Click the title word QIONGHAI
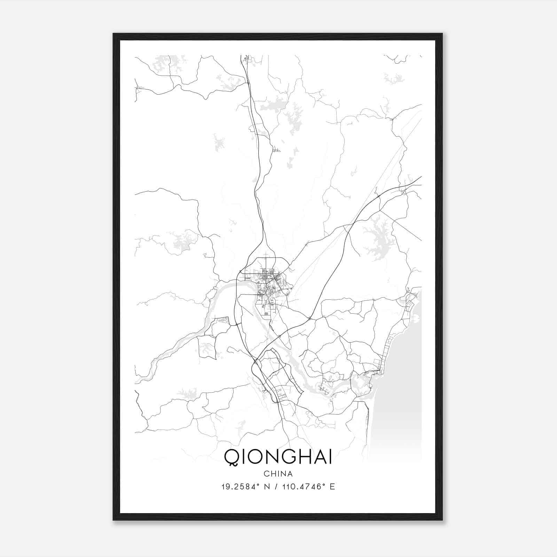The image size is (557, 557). pos(278,457)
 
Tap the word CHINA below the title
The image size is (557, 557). pos(278,474)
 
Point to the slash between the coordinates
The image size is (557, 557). pos(276,487)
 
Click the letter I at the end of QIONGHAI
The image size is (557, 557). pos(329,457)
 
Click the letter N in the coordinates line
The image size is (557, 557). pos(267,487)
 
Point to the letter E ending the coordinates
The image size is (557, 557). pos(332,487)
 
